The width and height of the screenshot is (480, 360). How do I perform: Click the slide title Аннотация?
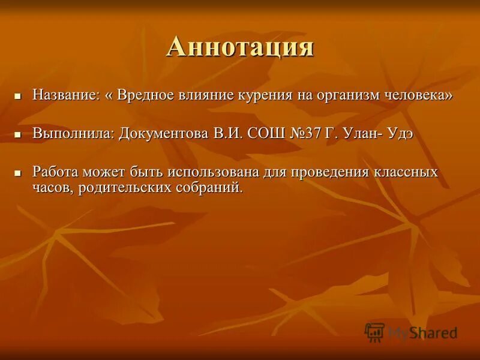tap(240, 47)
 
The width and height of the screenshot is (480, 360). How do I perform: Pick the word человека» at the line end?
tap(421, 95)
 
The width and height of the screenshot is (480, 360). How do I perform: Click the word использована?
tap(213, 172)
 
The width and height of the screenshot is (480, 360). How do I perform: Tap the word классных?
tap(409, 172)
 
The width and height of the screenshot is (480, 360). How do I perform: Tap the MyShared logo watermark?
tap(412, 332)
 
